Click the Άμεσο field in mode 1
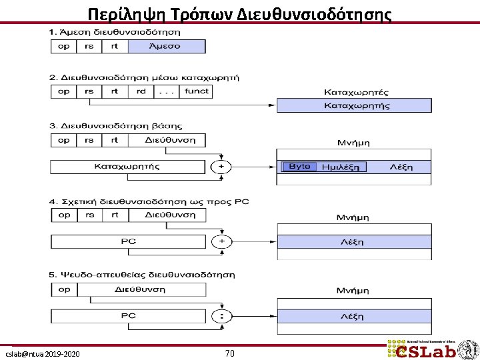click(166, 47)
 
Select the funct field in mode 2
click(196, 92)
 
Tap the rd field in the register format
click(141, 92)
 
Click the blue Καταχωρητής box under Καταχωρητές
click(353, 105)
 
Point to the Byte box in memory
click(299, 166)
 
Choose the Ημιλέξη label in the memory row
click(340, 167)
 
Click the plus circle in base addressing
click(220, 166)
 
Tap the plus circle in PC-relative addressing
click(221, 241)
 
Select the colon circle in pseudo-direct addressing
click(221, 316)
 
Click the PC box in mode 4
click(128, 241)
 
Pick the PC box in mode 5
click(128, 316)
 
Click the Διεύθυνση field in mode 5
click(141, 290)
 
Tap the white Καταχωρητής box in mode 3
click(127, 167)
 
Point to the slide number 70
click(229, 353)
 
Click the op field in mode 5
click(64, 290)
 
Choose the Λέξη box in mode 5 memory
click(353, 316)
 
